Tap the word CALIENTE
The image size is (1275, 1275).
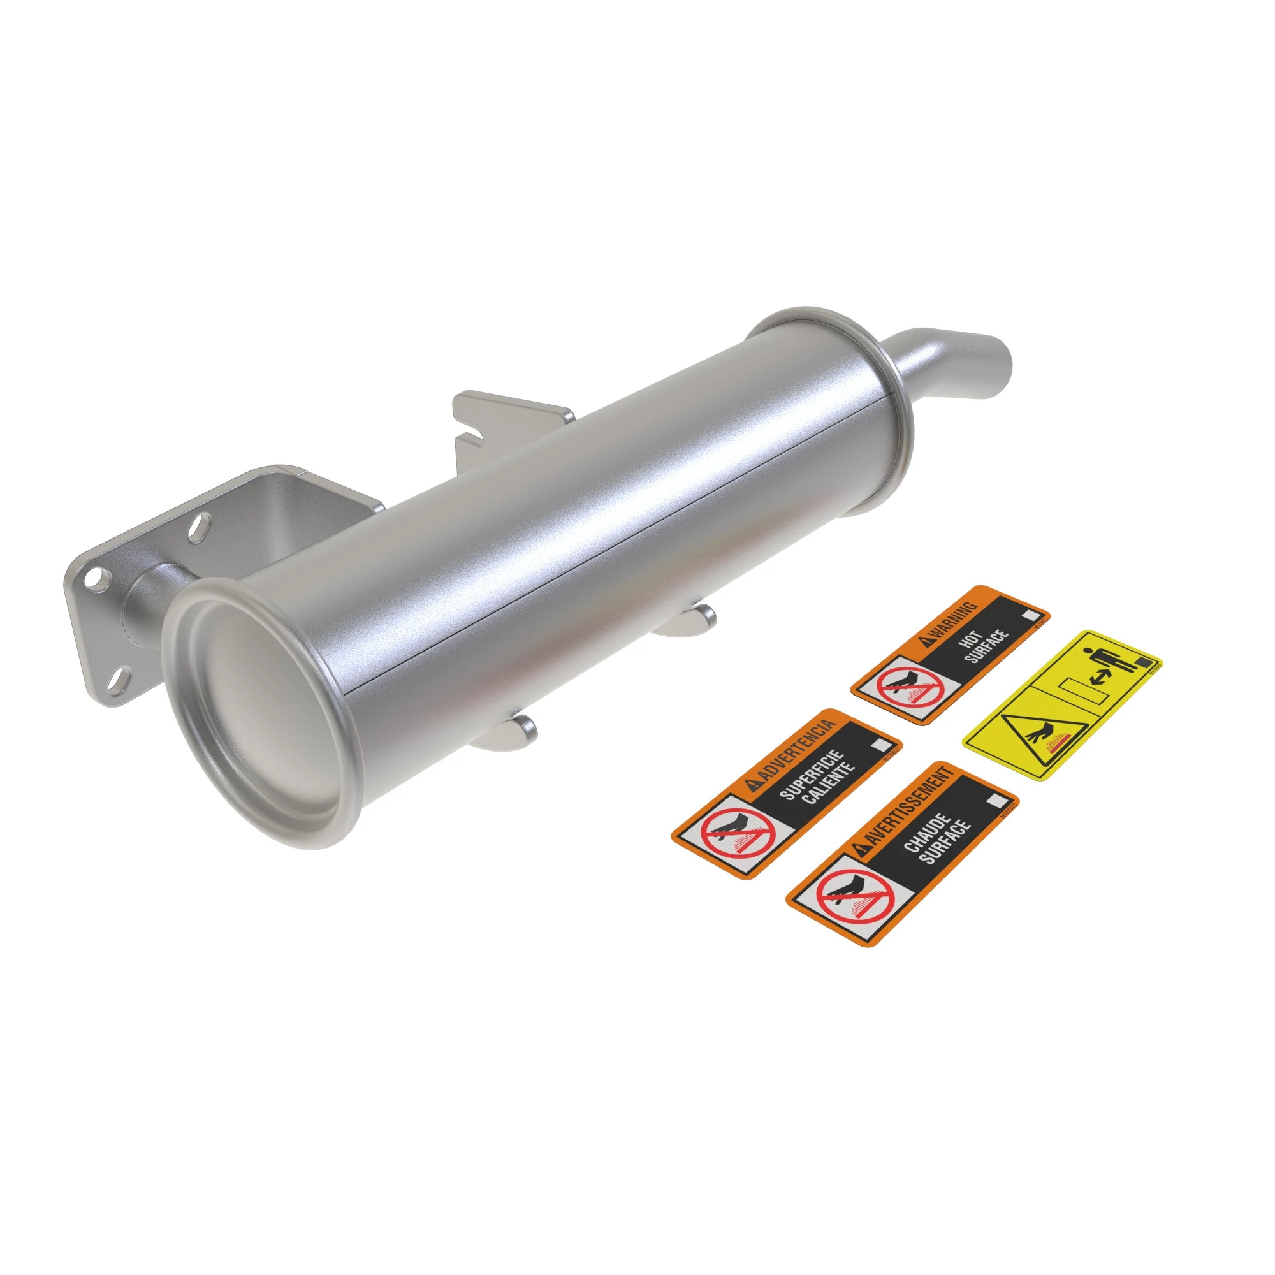click(x=829, y=783)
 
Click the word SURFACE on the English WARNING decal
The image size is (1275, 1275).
click(x=987, y=646)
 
